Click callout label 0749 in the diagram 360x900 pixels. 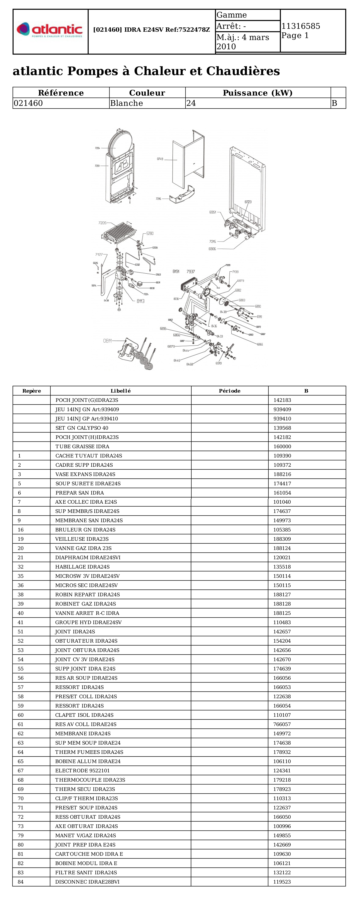coord(160,159)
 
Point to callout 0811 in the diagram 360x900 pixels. coord(107,341)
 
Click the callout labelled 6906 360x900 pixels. coord(212,249)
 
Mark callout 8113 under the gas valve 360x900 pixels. coord(141,301)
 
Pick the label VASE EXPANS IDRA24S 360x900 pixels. coord(85,474)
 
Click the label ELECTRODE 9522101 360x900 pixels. coord(82,770)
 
